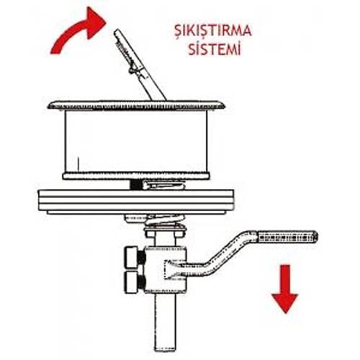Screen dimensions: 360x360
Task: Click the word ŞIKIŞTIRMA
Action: (213, 31)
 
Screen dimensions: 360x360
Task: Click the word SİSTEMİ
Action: (215, 49)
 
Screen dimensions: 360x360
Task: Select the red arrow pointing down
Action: (285, 289)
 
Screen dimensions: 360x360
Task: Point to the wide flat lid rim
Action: (137, 105)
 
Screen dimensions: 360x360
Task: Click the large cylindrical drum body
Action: (136, 142)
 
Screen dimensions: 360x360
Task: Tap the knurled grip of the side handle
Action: (287, 237)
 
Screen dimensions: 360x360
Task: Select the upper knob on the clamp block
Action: (132, 258)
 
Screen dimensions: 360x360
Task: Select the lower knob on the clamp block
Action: (133, 282)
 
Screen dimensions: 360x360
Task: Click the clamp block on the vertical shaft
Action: (165, 269)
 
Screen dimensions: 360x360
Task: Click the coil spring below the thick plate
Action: (165, 221)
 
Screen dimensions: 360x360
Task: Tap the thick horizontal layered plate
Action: (136, 200)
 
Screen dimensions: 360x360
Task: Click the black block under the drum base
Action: (136, 184)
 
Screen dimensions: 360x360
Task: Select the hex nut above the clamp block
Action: (165, 233)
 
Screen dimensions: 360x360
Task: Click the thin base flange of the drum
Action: (136, 176)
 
